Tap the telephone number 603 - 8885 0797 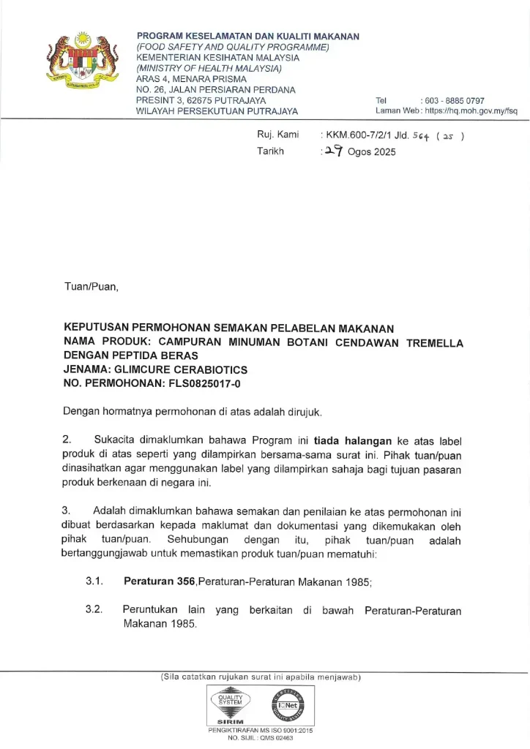click(x=453, y=100)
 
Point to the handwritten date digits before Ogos click(x=335, y=151)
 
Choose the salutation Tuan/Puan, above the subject click(x=91, y=287)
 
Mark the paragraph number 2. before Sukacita click(x=67, y=440)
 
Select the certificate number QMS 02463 click(x=277, y=739)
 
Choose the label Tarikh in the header click(x=270, y=152)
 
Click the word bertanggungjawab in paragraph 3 click(x=108, y=554)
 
